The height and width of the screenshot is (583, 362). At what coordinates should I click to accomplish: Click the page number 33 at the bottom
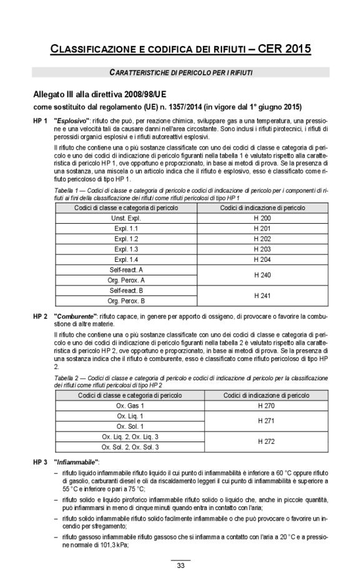180,566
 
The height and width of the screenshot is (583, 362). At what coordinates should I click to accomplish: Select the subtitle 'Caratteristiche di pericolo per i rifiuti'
180,72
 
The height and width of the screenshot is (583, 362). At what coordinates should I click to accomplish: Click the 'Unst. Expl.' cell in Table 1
127,218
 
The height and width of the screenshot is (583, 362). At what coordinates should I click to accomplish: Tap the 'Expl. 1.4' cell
127,259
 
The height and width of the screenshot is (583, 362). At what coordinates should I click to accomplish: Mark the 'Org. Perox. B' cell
127,300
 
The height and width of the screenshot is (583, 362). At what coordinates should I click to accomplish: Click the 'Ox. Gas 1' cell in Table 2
130,405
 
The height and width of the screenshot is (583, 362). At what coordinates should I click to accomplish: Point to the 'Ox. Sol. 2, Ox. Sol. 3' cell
130,446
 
